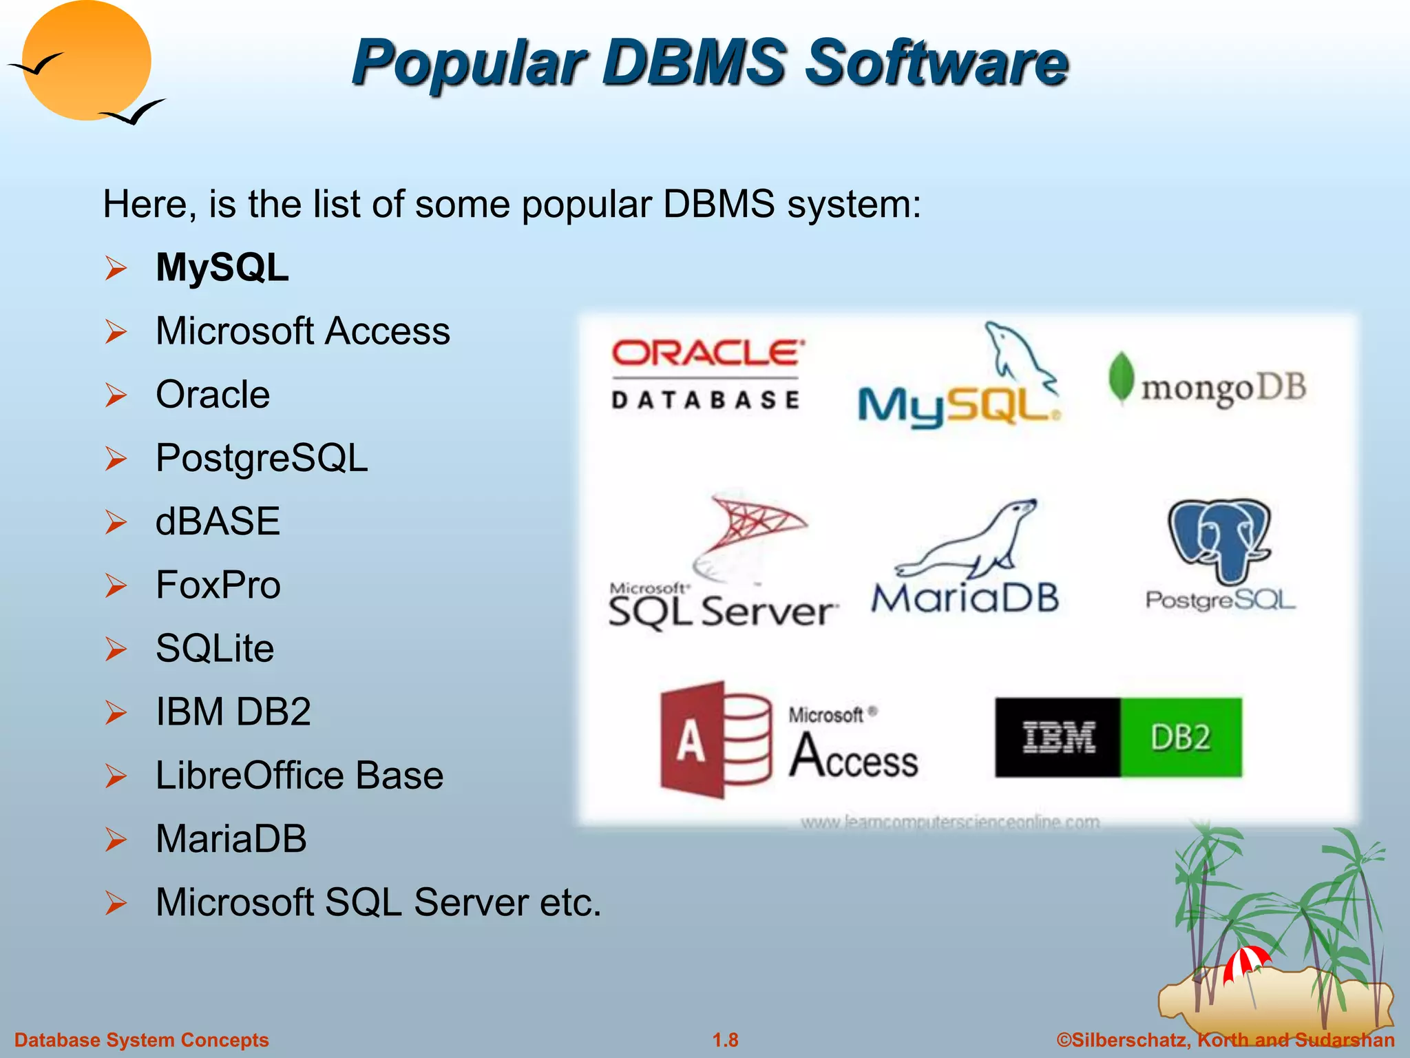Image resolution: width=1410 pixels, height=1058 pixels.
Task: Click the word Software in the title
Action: pyautogui.click(x=936, y=63)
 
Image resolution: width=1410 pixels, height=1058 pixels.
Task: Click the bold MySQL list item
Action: pyautogui.click(x=222, y=267)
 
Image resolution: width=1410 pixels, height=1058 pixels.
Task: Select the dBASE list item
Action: pyautogui.click(x=218, y=521)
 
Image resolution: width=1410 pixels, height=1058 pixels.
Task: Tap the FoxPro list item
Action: pyautogui.click(x=218, y=585)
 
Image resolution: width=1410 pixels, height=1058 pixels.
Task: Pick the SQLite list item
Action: pyautogui.click(x=215, y=648)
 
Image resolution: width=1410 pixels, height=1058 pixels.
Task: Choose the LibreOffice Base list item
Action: pyautogui.click(x=299, y=775)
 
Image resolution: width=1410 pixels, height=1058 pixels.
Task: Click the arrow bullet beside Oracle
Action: pyautogui.click(x=116, y=395)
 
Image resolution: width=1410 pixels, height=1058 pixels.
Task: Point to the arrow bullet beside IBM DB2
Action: pyautogui.click(x=116, y=712)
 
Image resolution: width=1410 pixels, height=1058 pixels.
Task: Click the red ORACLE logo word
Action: pyautogui.click(x=707, y=353)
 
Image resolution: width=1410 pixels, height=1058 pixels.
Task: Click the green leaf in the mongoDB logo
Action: pyautogui.click(x=1121, y=377)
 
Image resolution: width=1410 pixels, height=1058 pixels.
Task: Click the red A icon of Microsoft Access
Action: pyautogui.click(x=693, y=740)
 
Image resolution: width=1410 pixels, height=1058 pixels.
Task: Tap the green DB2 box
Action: pyautogui.click(x=1181, y=738)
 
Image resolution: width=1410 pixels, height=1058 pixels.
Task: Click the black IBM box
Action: pyautogui.click(x=1058, y=738)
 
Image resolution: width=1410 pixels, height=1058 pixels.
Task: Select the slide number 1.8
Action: pyautogui.click(x=725, y=1040)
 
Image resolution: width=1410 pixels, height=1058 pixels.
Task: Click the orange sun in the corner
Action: pyautogui.click(x=86, y=61)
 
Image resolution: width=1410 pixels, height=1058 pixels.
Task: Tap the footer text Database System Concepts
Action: pyautogui.click(x=142, y=1040)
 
